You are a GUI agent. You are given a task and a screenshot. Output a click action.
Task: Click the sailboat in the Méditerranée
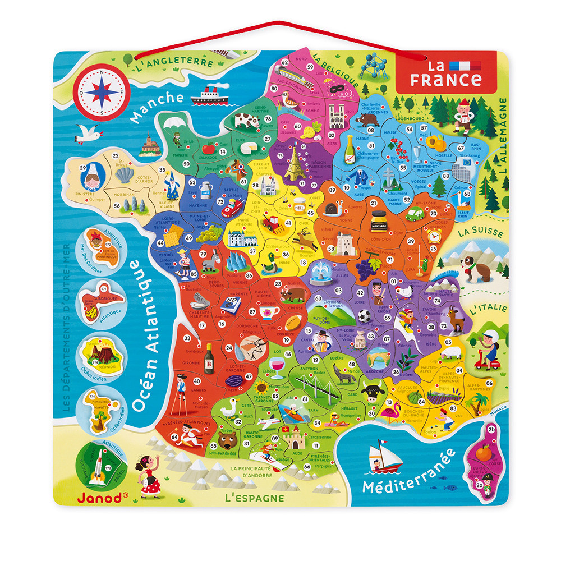[x=385, y=456]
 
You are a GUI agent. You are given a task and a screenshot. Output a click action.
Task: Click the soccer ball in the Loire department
[x=365, y=315]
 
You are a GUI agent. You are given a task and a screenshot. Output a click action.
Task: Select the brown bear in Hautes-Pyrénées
[x=227, y=438]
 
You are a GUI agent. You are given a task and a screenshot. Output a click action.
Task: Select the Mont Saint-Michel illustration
[x=148, y=144]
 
